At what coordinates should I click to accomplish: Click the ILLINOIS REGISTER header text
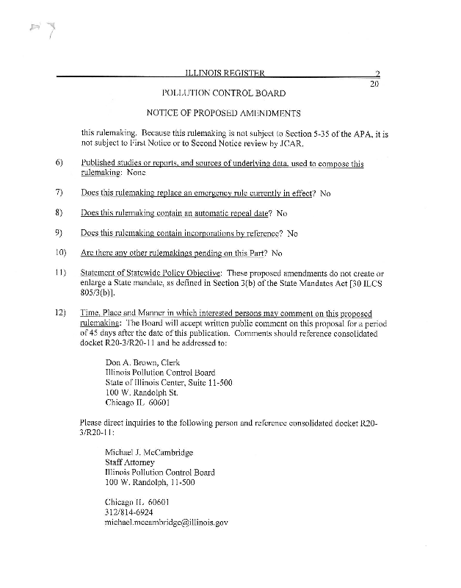pos(225,73)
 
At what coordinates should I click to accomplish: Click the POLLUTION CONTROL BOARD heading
pos(223,93)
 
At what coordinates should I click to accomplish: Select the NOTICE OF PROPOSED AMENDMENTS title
pos(224,113)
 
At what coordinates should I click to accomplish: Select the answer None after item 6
pos(137,173)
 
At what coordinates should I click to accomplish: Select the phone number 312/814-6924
pos(129,511)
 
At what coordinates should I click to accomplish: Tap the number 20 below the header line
pos(374,85)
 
